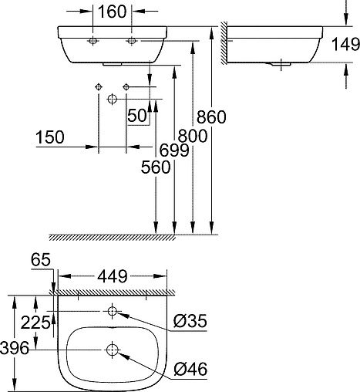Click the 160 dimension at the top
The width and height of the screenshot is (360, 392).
112,12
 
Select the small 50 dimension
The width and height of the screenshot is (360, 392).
138,116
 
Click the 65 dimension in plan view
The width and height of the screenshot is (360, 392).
41,262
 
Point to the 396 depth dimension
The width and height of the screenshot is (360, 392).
15,349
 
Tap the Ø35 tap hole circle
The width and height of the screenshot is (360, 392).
113,312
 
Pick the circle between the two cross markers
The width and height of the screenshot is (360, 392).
113,99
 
